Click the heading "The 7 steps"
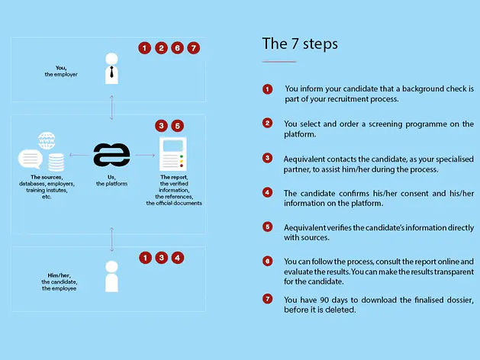tap(300, 43)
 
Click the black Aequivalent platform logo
tap(111, 155)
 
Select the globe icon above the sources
tap(47, 140)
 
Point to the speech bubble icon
tap(31, 159)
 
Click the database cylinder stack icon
tap(56, 162)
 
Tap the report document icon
tap(173, 154)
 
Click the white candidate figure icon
tap(111, 276)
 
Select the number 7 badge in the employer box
tap(194, 48)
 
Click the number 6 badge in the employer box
tap(177, 48)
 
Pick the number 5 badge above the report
tap(178, 126)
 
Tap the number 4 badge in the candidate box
tap(178, 258)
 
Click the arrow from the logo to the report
tap(145, 155)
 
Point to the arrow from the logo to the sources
tap(79, 155)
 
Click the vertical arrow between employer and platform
tap(111, 108)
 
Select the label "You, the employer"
tap(61, 71)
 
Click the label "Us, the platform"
tap(111, 181)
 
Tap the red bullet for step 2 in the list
tap(267, 124)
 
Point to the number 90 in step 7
tap(324, 300)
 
